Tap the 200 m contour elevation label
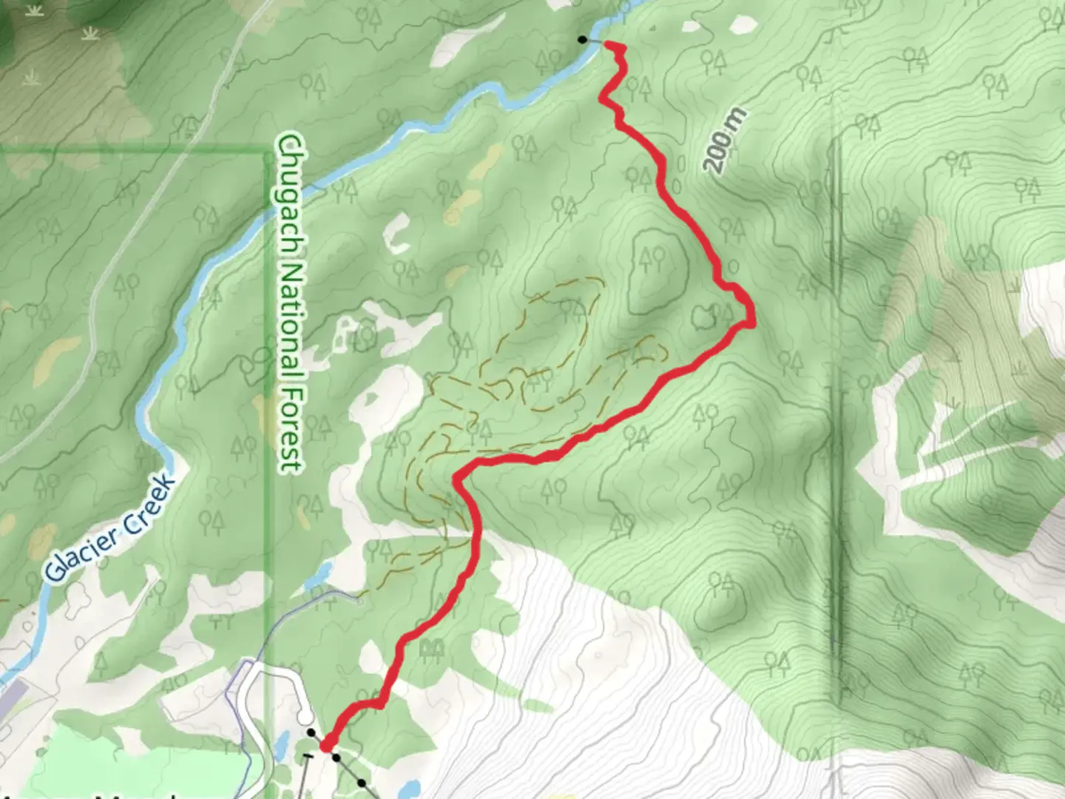coord(726,141)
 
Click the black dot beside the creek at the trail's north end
coord(583,39)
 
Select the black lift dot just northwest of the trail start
coord(311,733)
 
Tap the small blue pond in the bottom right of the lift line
coord(411,786)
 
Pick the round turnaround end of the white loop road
coord(303,717)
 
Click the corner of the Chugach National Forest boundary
coord(267,152)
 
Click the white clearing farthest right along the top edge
coord(743,24)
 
